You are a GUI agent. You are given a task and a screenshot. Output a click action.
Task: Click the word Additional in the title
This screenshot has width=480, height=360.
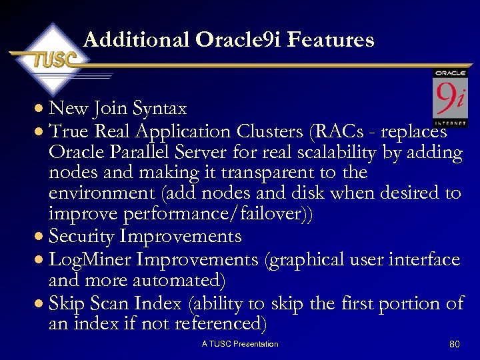(137, 40)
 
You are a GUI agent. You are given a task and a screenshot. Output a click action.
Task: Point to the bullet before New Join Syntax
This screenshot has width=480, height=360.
(41, 109)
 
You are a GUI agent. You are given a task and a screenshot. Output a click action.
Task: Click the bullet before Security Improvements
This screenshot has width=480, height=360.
(41, 237)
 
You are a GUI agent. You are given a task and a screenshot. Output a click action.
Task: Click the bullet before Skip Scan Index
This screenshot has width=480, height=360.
(41, 304)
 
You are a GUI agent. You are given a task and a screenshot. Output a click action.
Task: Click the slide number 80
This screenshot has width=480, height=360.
(455, 344)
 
